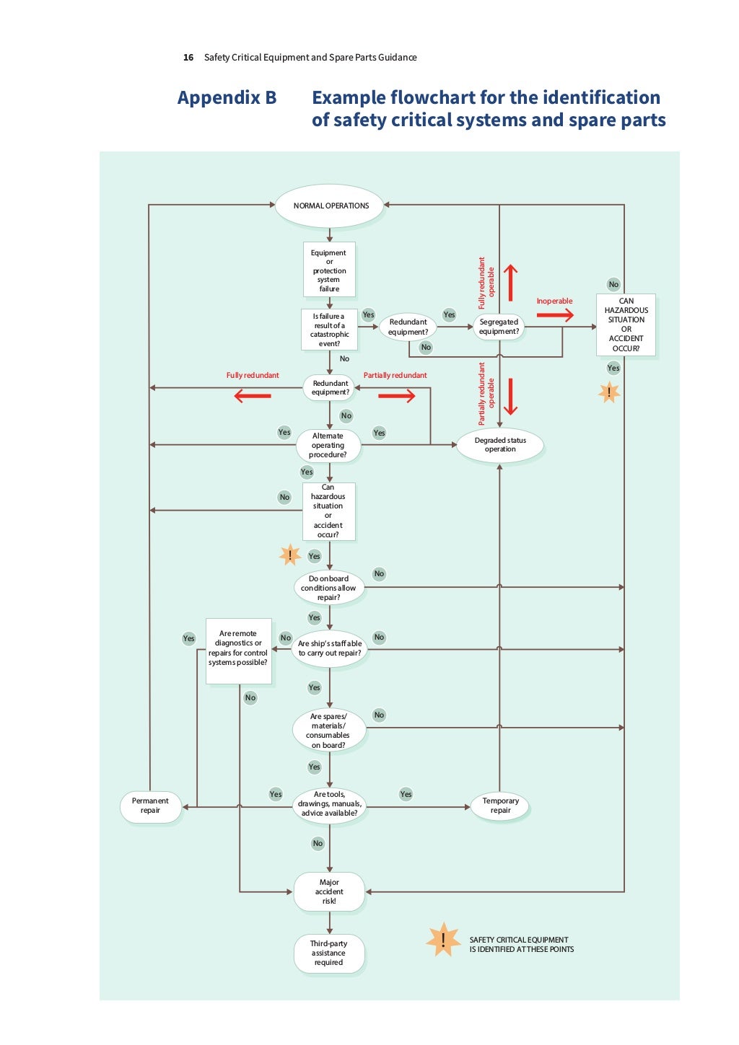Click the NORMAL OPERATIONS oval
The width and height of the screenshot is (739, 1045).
[330, 206]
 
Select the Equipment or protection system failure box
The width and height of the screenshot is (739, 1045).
[329, 270]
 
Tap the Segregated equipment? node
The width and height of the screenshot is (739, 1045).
[499, 327]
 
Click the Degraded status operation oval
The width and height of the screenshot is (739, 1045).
[500, 445]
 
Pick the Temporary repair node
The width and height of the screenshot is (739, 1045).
[500, 806]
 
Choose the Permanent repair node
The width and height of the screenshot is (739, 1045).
[150, 806]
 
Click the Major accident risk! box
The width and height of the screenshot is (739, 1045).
[329, 891]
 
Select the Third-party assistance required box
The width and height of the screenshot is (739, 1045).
[328, 953]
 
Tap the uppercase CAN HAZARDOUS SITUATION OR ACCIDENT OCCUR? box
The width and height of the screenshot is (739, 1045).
[626, 325]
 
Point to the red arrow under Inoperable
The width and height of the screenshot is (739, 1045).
[555, 315]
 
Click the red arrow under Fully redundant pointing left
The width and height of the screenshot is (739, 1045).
[253, 396]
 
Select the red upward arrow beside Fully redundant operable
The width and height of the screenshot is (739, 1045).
[510, 282]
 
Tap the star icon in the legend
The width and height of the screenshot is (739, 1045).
[442, 940]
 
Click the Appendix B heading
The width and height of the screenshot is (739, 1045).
[227, 98]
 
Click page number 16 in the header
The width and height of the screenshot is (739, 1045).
[188, 58]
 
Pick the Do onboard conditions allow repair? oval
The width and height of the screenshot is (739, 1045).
[329, 588]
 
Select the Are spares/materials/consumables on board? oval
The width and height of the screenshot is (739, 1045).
[329, 731]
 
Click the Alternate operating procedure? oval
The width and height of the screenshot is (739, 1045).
[328, 446]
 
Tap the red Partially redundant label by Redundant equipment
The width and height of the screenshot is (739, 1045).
[395, 375]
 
